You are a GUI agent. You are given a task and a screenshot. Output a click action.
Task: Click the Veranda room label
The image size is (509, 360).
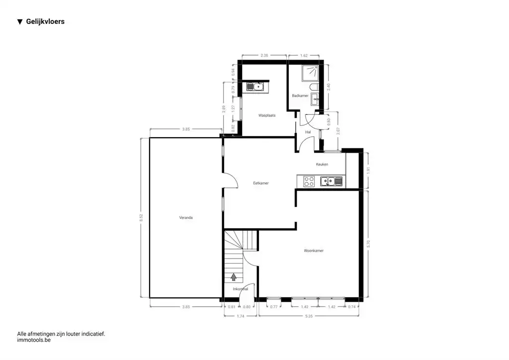tap(186, 217)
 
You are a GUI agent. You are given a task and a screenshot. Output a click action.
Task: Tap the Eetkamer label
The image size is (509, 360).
tap(261, 183)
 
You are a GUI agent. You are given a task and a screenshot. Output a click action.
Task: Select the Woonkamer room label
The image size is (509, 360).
tap(314, 251)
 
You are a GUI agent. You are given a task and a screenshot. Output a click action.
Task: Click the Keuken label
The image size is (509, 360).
tap(322, 164)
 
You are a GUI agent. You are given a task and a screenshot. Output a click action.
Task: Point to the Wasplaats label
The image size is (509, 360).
tap(267, 115)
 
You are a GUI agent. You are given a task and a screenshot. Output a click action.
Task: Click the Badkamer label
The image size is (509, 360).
tap(300, 95)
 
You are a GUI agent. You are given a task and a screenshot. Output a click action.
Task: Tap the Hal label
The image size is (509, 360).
tap(308, 132)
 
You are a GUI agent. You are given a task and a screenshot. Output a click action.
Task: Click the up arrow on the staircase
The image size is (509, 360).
tap(234, 276)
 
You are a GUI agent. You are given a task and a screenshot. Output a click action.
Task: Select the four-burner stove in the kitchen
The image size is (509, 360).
tap(308, 181)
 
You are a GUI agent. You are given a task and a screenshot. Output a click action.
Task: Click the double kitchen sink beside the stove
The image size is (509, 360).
tap(332, 181)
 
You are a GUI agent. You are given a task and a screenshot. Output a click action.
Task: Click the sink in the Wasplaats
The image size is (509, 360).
tap(257, 87)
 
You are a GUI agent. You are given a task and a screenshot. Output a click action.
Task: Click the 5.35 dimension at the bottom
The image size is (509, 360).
tap(309, 316)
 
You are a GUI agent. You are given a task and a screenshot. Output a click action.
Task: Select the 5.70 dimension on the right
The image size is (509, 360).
tap(368, 244)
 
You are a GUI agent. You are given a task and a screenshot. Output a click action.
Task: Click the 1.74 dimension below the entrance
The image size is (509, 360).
tap(240, 316)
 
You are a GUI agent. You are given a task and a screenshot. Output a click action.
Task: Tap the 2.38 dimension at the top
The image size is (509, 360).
tap(264, 56)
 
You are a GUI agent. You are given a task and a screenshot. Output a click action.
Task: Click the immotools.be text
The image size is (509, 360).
tap(34, 340)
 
